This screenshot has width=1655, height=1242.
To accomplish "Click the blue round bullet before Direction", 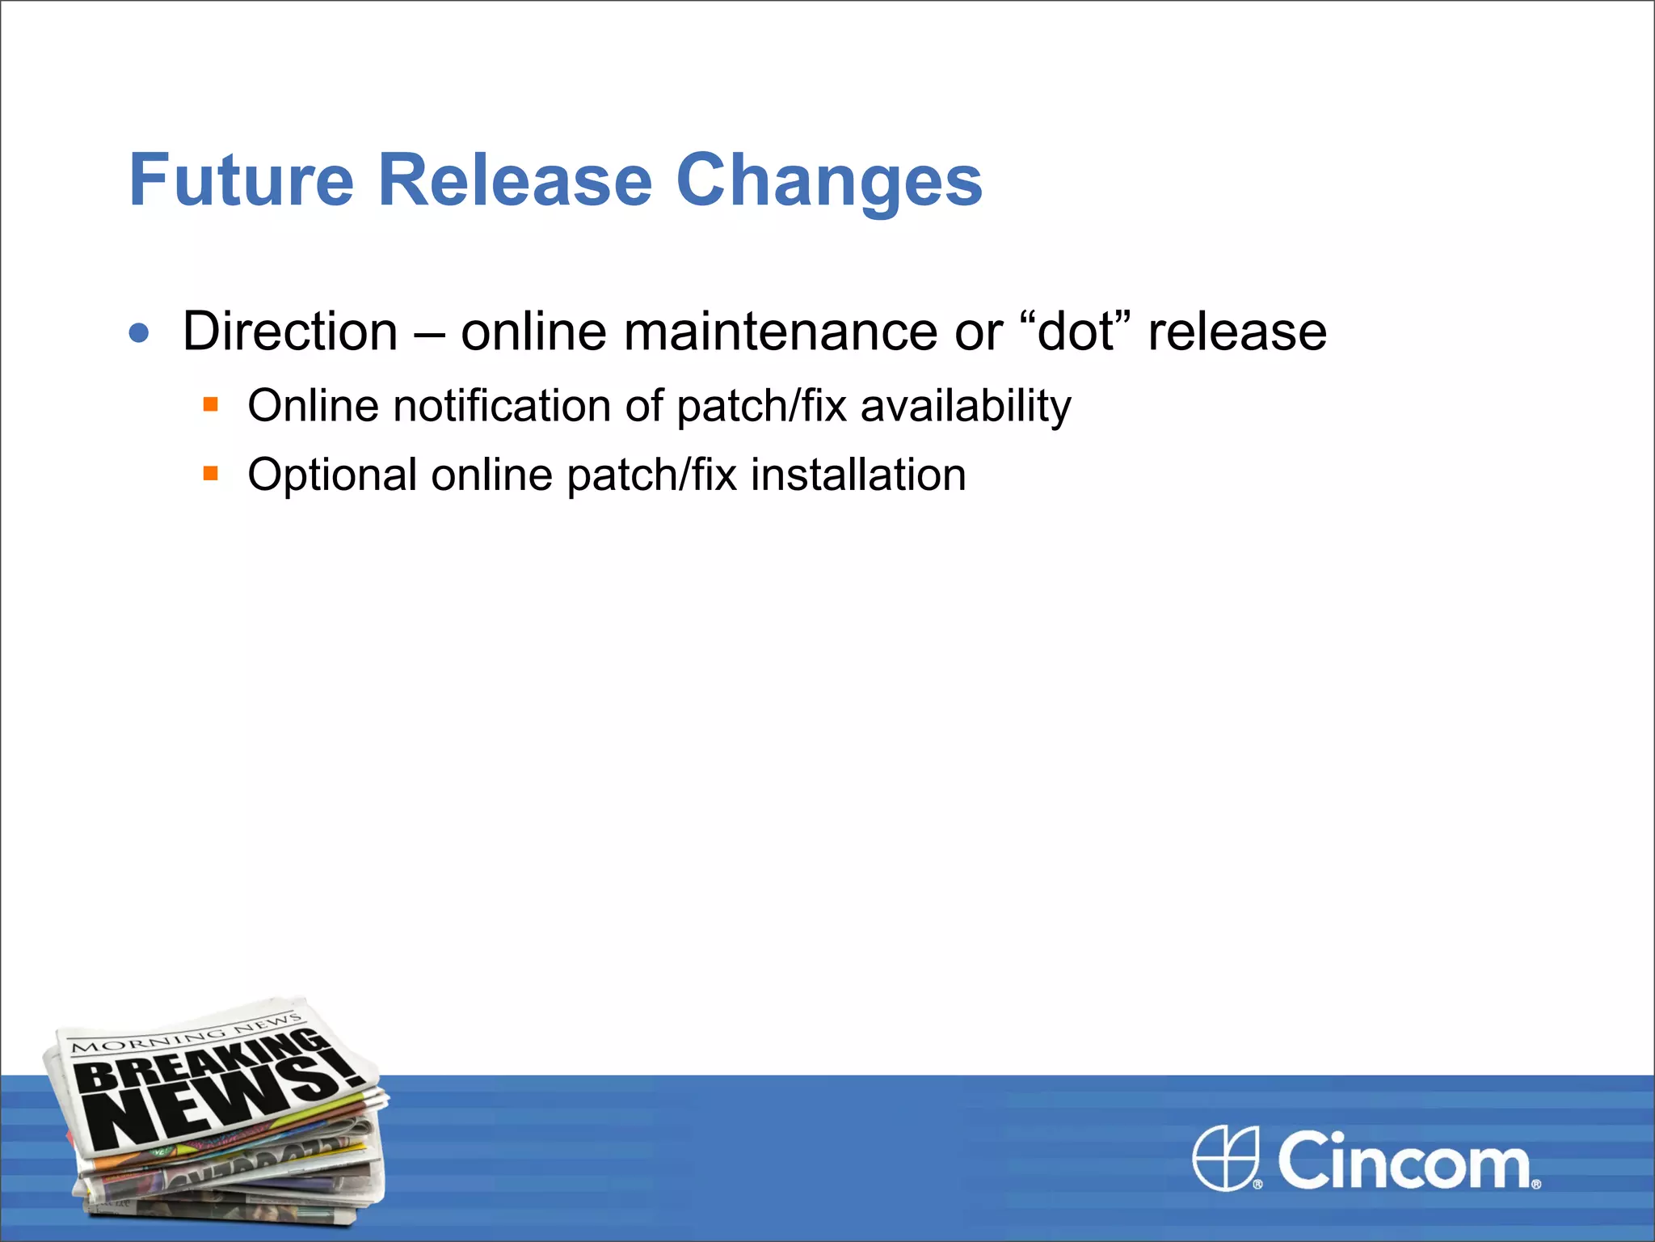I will (x=139, y=332).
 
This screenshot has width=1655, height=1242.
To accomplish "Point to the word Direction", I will (x=290, y=332).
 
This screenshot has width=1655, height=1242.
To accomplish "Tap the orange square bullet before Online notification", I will (x=211, y=404).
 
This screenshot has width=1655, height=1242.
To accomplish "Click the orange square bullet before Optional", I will (x=211, y=473).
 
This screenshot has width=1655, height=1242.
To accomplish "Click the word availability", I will (x=966, y=407).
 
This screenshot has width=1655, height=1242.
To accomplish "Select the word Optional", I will (x=332, y=475).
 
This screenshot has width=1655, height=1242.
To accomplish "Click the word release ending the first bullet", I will (x=1237, y=332).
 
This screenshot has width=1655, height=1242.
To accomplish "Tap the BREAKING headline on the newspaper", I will (x=206, y=1059).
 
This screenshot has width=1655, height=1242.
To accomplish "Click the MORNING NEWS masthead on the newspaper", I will (x=186, y=1033).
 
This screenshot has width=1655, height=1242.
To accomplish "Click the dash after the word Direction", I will (x=429, y=333).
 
